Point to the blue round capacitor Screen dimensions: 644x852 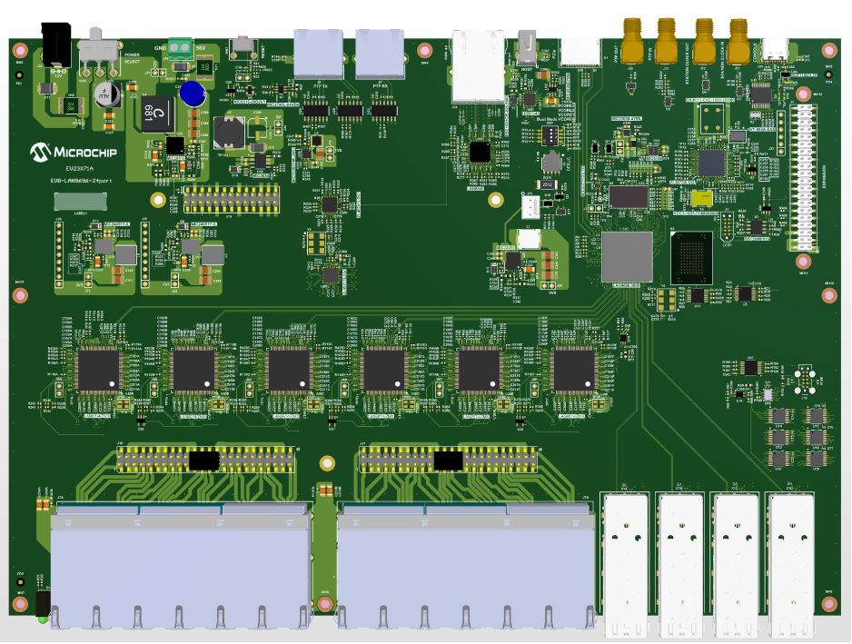(x=191, y=93)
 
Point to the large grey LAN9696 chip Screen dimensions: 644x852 (x=627, y=256)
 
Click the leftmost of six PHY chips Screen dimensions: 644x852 (x=98, y=370)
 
